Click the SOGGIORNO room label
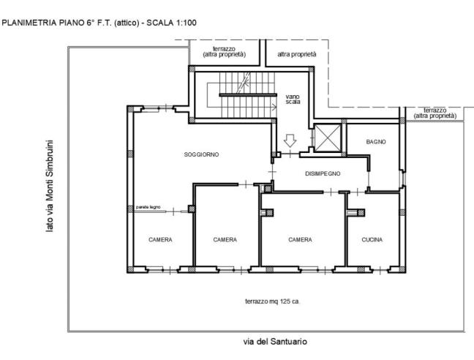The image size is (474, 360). [x=201, y=154]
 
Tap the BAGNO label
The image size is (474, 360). [x=376, y=142]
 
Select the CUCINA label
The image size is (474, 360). [x=372, y=240]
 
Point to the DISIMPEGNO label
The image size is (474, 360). [x=323, y=174]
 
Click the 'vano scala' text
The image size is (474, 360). [x=293, y=99]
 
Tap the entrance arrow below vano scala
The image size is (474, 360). [x=290, y=141]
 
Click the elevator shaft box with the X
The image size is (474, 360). [x=328, y=138]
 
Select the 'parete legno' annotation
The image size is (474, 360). [x=148, y=207]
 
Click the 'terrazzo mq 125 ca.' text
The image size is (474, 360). [x=272, y=301]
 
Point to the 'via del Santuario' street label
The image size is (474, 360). [x=275, y=342]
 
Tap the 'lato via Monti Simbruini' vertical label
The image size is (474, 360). [x=49, y=186]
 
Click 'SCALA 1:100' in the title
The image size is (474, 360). [x=171, y=23]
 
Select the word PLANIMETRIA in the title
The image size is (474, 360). [x=29, y=23]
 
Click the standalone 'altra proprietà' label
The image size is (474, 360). [x=297, y=54]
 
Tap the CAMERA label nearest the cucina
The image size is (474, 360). [x=300, y=240]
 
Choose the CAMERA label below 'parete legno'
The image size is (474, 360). [x=160, y=240]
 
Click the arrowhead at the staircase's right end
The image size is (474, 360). [x=274, y=107]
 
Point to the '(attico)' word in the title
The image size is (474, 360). [x=127, y=23]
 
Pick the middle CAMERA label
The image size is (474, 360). [x=225, y=240]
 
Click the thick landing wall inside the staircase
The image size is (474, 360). [x=248, y=95]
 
